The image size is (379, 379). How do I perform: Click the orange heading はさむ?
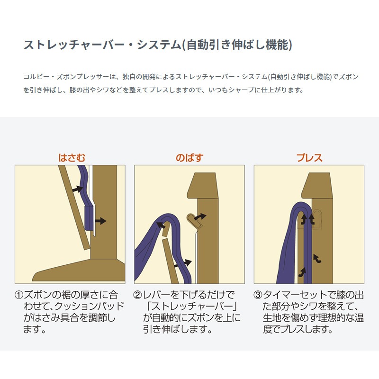pos(72,158)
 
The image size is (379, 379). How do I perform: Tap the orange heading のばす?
pos(189,158)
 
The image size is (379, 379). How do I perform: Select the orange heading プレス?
pos(309,158)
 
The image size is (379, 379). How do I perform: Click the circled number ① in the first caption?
pos(19,295)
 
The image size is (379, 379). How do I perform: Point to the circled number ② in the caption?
pos(137,295)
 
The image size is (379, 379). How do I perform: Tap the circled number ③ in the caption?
pos(258,295)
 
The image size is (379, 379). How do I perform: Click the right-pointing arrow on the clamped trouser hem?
pos(100,221)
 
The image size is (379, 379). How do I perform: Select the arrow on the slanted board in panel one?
pos(78,189)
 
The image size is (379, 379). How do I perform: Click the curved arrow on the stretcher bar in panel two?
pos(200,217)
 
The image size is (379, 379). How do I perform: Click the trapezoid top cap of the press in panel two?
pos(203,186)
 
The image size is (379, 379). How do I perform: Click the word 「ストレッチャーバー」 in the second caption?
pos(192,307)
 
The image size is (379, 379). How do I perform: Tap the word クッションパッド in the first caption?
pos(89,307)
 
